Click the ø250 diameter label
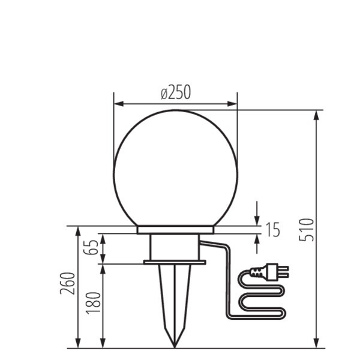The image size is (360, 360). pos(176,92)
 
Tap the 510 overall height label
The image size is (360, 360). pos(306,230)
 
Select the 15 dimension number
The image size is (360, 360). pos(273,229)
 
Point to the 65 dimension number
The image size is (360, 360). pos(91,247)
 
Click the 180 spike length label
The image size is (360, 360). pos(94,302)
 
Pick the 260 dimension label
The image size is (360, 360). pos(67,284)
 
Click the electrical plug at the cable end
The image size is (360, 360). pos(269,272)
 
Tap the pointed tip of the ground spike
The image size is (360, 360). pos(175,347)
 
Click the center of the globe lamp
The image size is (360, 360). pos(175,168)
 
